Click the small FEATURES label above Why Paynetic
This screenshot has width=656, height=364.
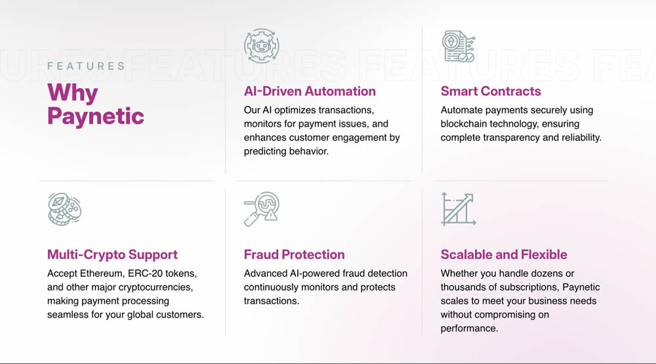click(x=86, y=66)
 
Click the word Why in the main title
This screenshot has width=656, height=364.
click(x=72, y=93)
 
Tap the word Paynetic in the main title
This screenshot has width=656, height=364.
click(x=96, y=116)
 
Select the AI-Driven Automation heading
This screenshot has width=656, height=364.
click(x=310, y=91)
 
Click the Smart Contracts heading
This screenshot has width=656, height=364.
click(x=491, y=91)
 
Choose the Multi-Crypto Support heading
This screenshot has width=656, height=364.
click(x=113, y=254)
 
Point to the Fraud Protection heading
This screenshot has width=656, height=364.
click(x=294, y=254)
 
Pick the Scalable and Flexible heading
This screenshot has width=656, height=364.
click(x=504, y=254)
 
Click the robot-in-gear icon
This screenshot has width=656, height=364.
click(x=262, y=46)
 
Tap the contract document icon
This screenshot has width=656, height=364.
click(x=459, y=46)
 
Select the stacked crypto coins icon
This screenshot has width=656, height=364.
click(x=64, y=209)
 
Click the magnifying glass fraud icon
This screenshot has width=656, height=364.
click(x=262, y=209)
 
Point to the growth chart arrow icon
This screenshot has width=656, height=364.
click(x=459, y=209)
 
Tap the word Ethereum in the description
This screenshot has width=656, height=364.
click(x=102, y=273)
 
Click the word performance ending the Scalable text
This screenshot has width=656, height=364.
click(x=470, y=329)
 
